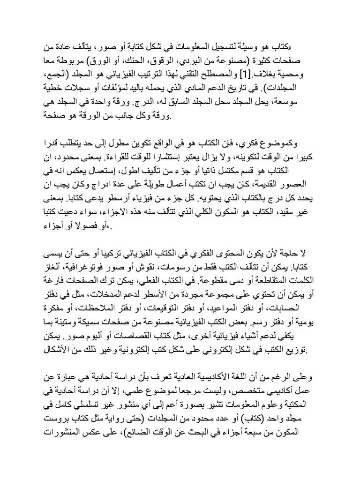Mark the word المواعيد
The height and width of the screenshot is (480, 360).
click(x=241, y=308)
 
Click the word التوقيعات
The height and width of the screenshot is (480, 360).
click(x=177, y=308)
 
